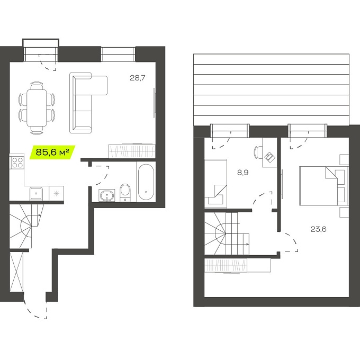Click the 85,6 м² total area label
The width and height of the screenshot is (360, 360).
click(52, 152)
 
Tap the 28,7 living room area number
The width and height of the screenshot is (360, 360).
click(137, 78)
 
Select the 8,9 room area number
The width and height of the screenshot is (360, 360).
click(242, 173)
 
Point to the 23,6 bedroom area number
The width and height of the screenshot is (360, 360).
click(318, 229)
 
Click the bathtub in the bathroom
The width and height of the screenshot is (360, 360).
click(146, 182)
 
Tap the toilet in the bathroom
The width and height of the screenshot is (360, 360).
click(125, 192)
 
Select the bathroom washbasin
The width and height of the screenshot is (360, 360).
click(107, 196)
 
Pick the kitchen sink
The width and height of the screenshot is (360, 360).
click(36, 193)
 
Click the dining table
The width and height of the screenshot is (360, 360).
click(37, 107)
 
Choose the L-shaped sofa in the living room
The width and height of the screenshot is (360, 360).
click(88, 103)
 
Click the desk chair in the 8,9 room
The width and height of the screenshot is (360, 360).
click(258, 152)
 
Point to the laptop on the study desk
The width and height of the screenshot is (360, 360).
click(270, 157)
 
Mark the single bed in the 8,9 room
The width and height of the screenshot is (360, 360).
click(215, 183)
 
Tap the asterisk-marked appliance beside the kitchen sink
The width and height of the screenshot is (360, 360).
click(56, 193)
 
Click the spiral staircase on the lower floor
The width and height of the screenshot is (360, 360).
click(26, 226)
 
